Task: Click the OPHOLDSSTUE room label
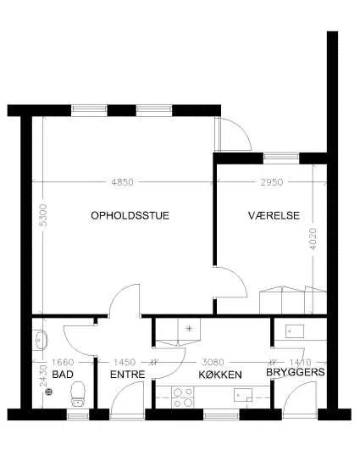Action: tap(130, 215)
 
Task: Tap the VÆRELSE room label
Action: tap(274, 215)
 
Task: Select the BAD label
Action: tap(63, 375)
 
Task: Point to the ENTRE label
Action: tap(127, 375)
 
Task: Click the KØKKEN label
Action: tap(220, 375)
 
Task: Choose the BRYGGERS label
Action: tap(296, 372)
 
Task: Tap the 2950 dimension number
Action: tap(272, 182)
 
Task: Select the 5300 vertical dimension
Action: tap(42, 215)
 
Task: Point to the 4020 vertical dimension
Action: tap(313, 239)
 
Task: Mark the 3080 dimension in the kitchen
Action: tap(213, 362)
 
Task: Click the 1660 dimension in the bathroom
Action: tap(64, 362)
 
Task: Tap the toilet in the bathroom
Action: tap(78, 394)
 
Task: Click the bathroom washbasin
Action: tap(40, 340)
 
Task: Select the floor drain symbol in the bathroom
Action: tap(49, 391)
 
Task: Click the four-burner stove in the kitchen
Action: tap(183, 397)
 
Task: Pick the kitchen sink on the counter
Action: tap(243, 395)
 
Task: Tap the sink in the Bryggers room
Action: tap(295, 331)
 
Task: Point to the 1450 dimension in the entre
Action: tap(125, 362)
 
